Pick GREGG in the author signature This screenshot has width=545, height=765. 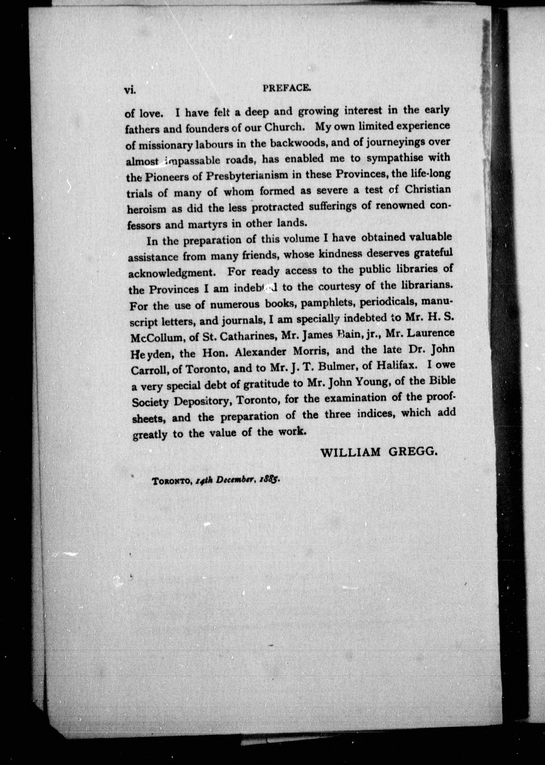[x=413, y=453]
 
